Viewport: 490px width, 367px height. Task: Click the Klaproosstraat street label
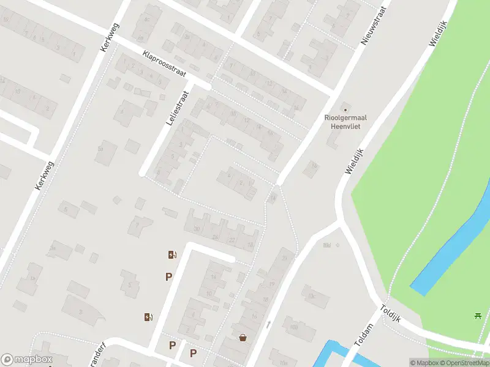click(164, 63)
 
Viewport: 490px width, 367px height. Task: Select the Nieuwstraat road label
click(375, 26)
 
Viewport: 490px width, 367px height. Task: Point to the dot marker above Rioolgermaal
click(343, 109)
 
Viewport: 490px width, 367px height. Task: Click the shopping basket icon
click(244, 338)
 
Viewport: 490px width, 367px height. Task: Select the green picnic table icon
click(477, 316)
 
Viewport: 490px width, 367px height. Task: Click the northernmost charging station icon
click(173, 255)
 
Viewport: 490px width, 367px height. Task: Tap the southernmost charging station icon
click(148, 316)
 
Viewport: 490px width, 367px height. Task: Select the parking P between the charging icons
click(168, 277)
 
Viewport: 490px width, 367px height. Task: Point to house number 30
click(197, 229)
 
